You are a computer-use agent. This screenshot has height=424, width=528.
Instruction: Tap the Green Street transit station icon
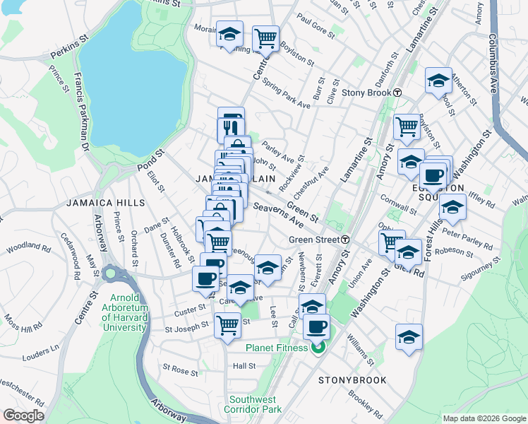click(345, 240)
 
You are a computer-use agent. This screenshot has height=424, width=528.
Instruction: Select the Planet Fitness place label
click(276, 348)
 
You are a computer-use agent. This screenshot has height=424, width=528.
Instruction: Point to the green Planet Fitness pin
click(318, 347)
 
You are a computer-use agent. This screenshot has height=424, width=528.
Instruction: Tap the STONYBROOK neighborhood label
click(352, 380)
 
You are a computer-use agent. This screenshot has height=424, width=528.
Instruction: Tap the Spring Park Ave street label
click(286, 94)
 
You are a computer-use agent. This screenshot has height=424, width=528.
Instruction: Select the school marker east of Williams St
click(409, 336)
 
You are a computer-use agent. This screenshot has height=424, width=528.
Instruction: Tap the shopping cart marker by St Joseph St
click(227, 326)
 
